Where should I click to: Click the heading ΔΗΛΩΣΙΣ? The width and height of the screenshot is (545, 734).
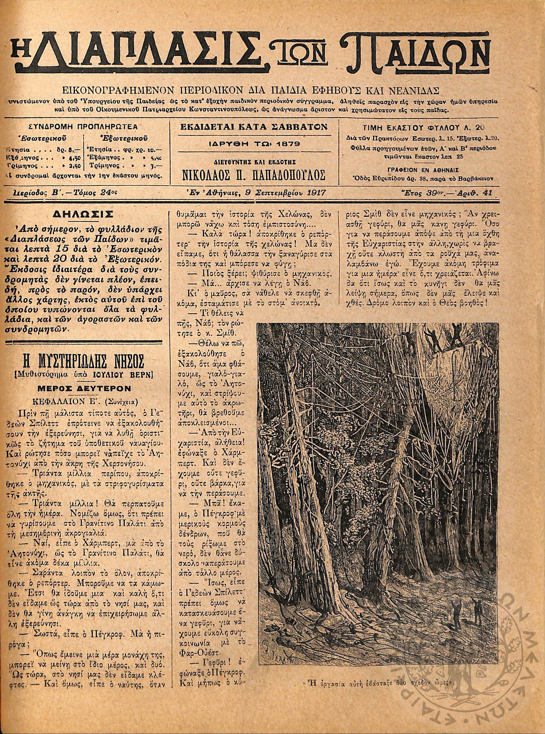click(84, 215)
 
